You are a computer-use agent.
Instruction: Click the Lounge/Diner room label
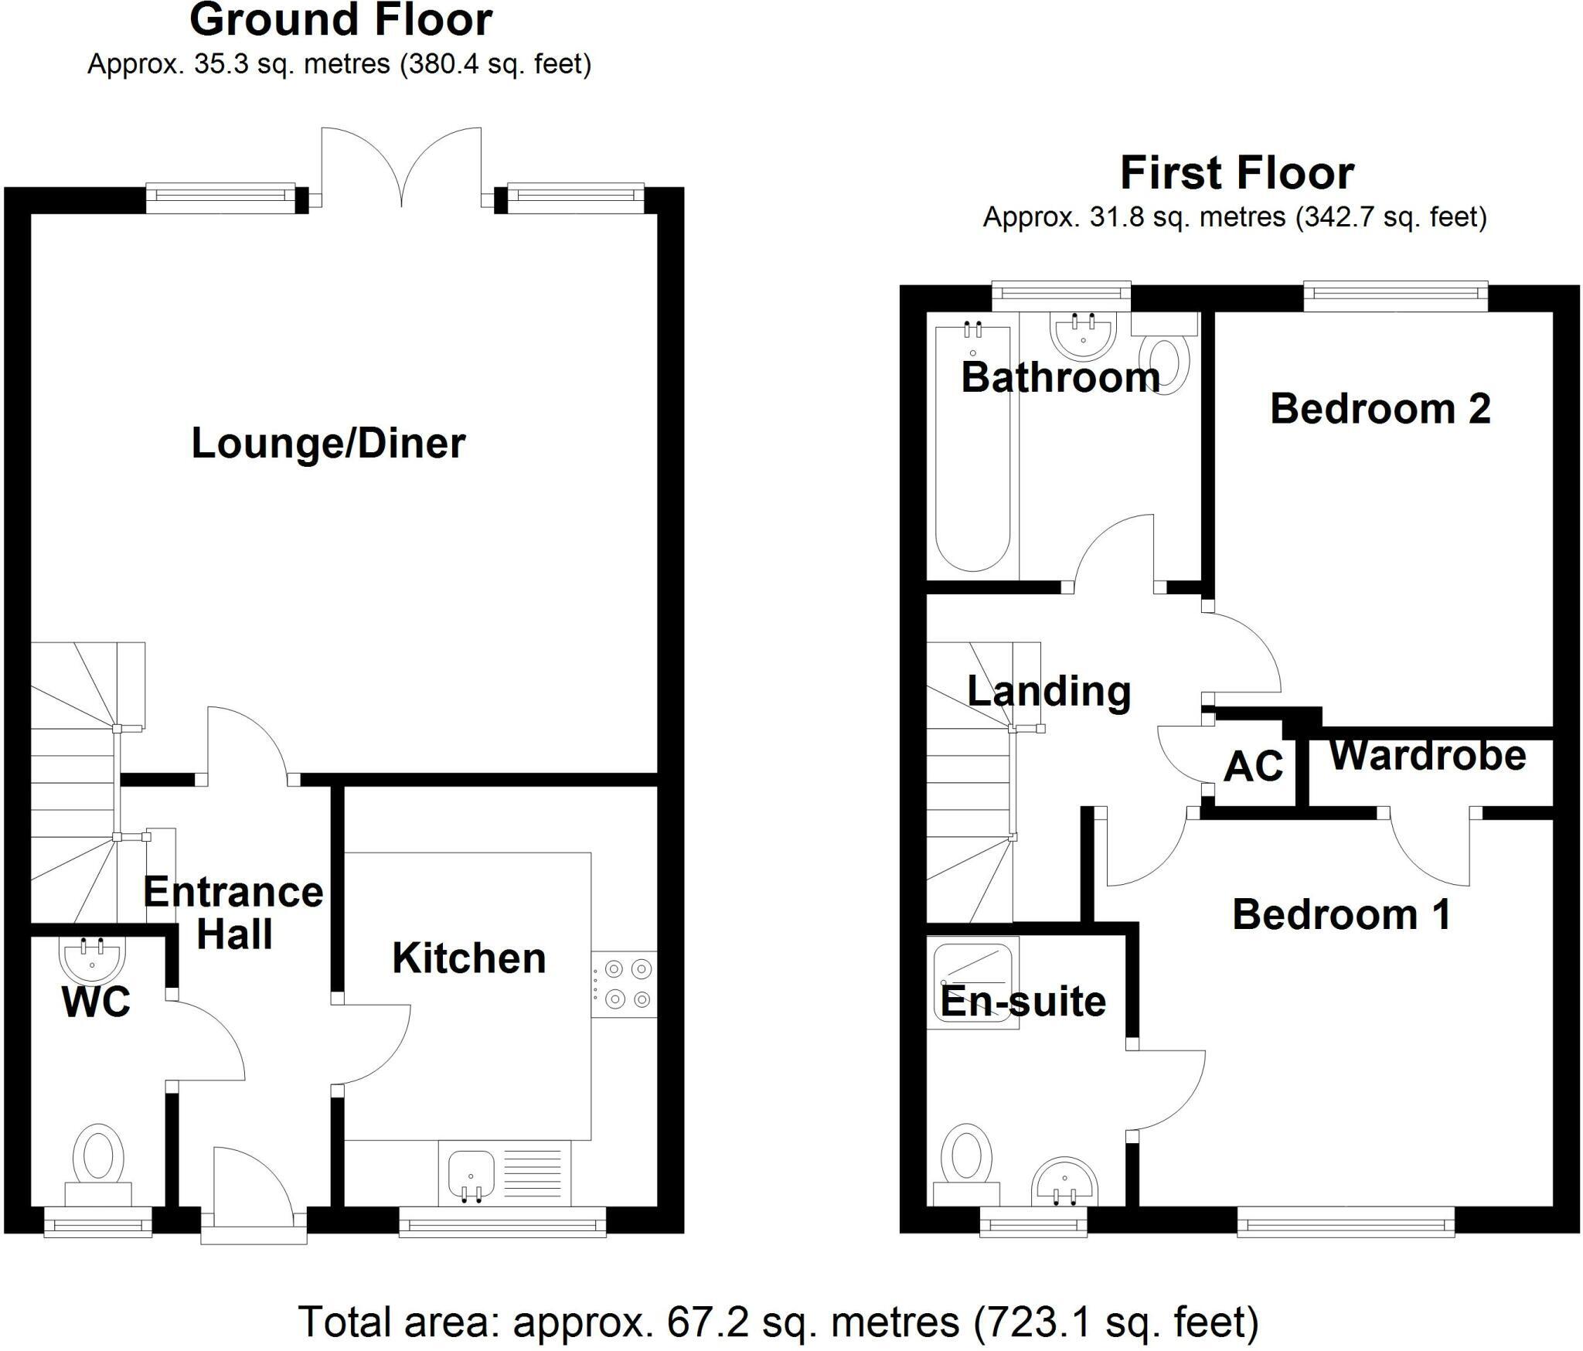[x=328, y=444]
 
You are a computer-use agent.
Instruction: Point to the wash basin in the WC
[x=91, y=958]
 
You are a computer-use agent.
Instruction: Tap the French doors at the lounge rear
[x=401, y=166]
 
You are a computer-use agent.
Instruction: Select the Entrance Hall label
[x=233, y=913]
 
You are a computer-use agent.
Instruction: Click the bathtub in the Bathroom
[x=972, y=448]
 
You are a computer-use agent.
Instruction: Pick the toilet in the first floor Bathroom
[x=1168, y=362]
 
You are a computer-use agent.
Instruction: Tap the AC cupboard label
[x=1253, y=766]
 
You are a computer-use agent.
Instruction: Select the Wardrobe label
[x=1427, y=755]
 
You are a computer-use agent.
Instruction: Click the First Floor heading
[x=1237, y=173]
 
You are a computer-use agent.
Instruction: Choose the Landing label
[x=1049, y=691]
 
